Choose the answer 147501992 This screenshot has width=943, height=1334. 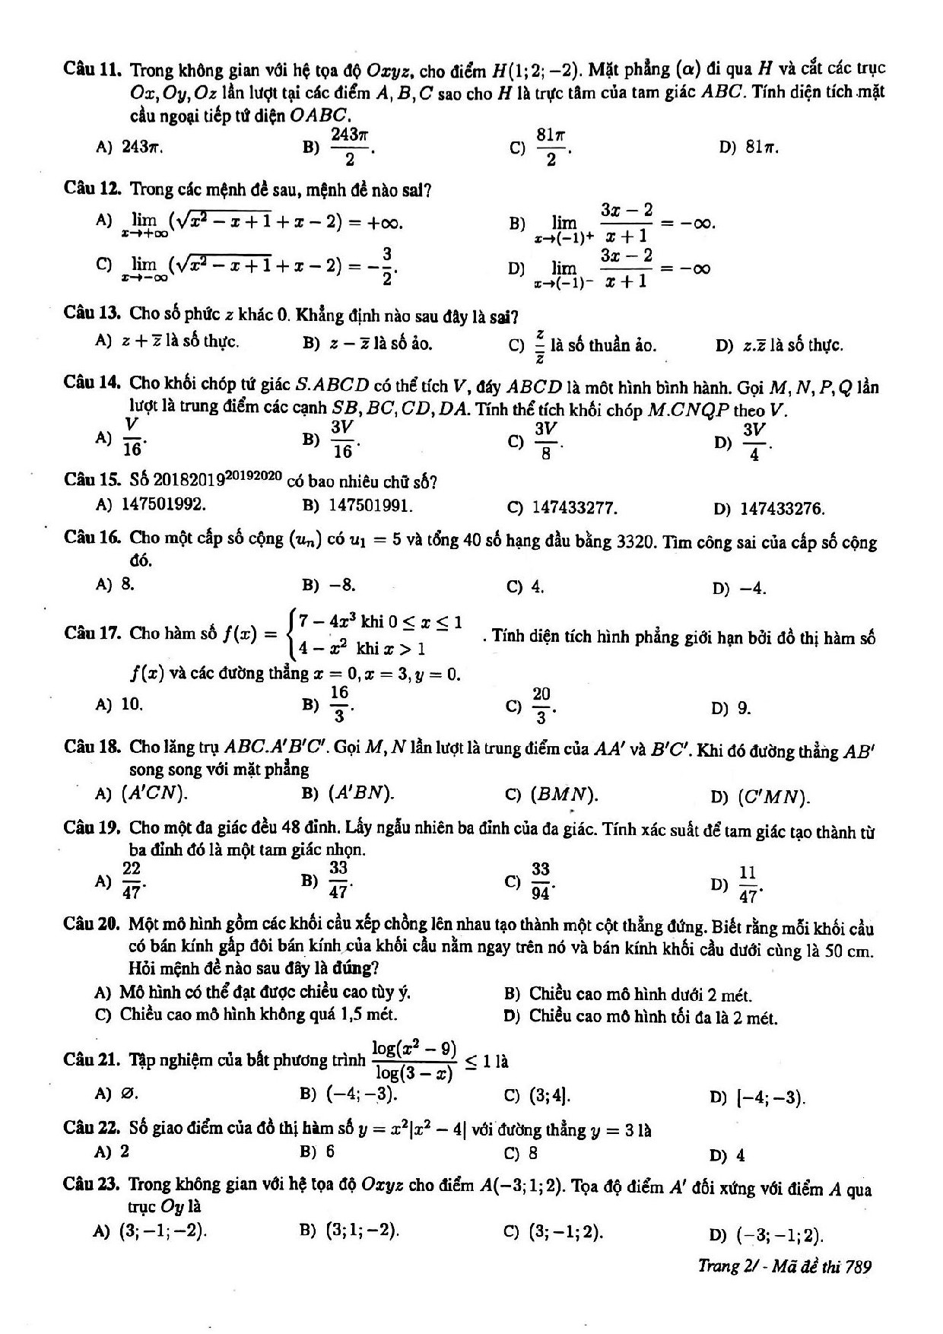pos(164,504)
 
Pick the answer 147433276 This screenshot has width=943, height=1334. pos(783,509)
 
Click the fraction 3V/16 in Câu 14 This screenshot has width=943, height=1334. pos(343,440)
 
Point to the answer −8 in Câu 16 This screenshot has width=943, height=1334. pos(342,585)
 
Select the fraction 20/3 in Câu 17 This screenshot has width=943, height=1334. pos(541,707)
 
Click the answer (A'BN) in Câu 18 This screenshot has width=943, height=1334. pos(361,794)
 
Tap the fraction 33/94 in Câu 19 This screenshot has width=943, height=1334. pos(541,879)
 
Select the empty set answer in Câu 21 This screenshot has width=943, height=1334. pos(129,1094)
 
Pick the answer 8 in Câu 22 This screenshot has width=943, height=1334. pos(533,1152)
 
